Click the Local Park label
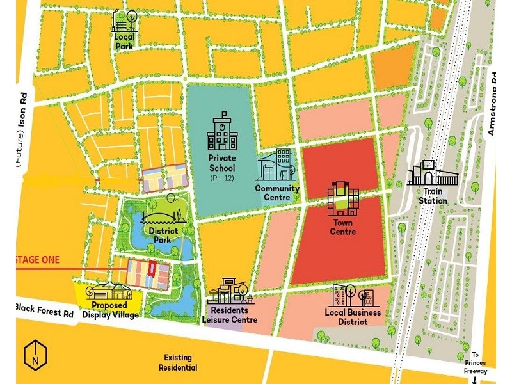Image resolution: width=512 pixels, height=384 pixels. pyautogui.click(x=124, y=41)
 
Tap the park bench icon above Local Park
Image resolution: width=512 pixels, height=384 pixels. pyautogui.click(x=124, y=20)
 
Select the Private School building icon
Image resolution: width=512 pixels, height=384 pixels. pyautogui.click(x=221, y=131)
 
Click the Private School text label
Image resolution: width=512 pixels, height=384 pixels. pyautogui.click(x=222, y=163)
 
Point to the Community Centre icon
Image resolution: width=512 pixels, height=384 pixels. pyautogui.click(x=277, y=166)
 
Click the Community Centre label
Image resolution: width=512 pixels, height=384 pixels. pyautogui.click(x=277, y=193)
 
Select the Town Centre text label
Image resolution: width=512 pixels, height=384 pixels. pyautogui.click(x=343, y=227)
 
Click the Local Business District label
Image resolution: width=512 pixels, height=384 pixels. pyautogui.click(x=353, y=317)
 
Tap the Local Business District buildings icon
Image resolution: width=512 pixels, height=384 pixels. pyautogui.click(x=353, y=296)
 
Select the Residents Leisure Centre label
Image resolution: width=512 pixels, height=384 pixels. pyautogui.click(x=230, y=315)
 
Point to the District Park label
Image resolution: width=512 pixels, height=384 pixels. pyautogui.click(x=162, y=235)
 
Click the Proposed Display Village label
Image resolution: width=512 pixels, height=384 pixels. pyautogui.click(x=109, y=310)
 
